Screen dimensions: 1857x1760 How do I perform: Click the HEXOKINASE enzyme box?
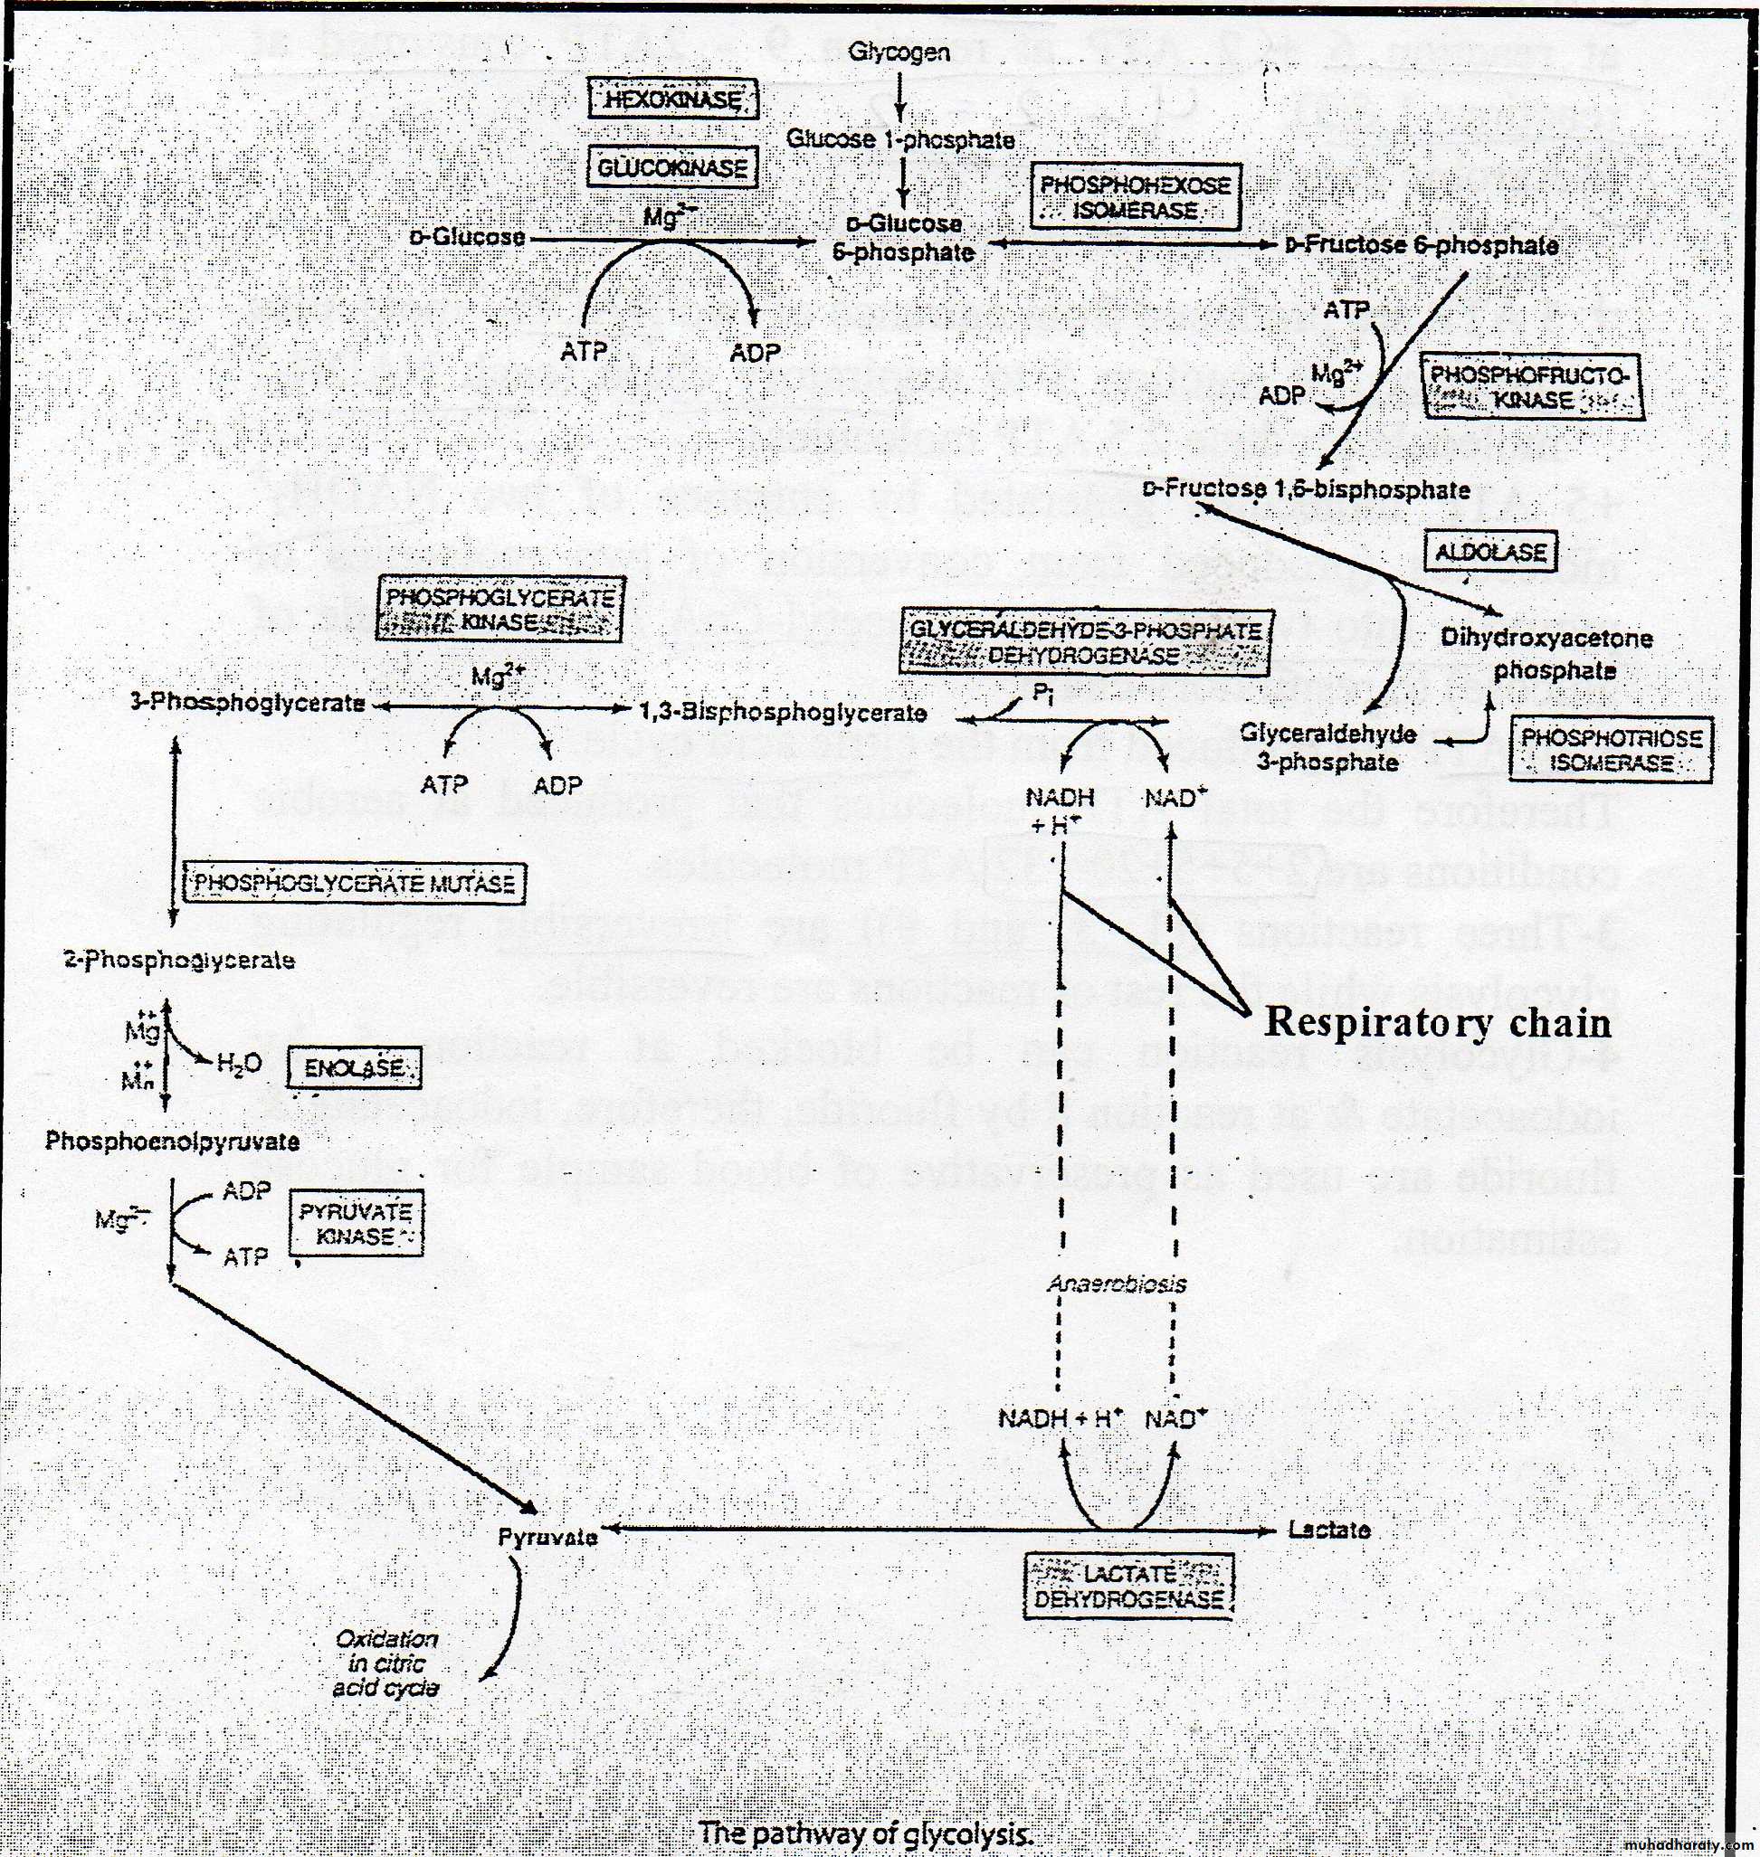tap(672, 99)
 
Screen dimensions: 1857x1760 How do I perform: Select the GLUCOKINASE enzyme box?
tap(672, 168)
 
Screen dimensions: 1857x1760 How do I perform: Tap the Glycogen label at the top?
tap(899, 52)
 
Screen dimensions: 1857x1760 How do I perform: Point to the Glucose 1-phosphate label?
tap(899, 139)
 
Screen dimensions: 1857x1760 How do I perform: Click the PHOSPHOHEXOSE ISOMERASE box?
tap(1134, 197)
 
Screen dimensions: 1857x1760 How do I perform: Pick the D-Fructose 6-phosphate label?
tap(1422, 246)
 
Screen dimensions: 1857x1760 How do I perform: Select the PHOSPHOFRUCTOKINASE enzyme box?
tap(1532, 386)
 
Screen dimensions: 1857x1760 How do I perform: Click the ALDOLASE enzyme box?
tap(1489, 552)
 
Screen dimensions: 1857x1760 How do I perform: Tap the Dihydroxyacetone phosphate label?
tap(1546, 654)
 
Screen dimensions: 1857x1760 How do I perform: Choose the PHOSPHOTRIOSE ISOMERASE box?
tap(1611, 749)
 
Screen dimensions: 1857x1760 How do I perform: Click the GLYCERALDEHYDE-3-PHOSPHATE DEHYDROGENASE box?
tap(1085, 641)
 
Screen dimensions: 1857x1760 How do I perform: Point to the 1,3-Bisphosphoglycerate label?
tap(783, 713)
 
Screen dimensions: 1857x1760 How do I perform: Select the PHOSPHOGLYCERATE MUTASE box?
tap(354, 884)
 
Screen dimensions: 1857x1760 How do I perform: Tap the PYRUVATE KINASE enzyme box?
tap(356, 1223)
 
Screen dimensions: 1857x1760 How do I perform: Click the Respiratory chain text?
tap(1436, 1022)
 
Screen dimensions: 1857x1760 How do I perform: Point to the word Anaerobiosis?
tap(1116, 1284)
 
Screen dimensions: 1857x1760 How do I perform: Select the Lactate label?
tap(1328, 1530)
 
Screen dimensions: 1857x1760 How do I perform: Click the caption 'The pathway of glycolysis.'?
tap(866, 1833)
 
